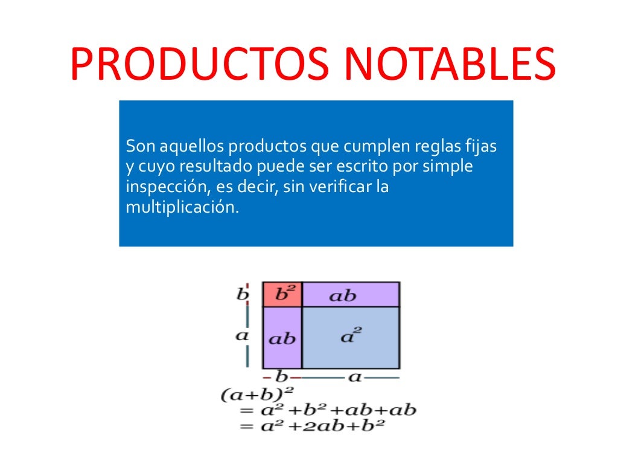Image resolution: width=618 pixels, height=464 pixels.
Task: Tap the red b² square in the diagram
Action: pos(282,294)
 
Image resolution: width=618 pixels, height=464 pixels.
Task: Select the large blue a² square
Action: pos(351,337)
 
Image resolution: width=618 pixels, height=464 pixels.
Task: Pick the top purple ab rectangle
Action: pos(351,294)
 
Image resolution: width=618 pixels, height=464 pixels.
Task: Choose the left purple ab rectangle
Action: pos(282,338)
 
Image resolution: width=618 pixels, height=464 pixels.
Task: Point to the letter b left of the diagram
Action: pos(243,294)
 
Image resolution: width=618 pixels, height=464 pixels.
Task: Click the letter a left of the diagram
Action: pos(242,336)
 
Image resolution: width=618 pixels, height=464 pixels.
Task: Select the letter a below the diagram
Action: pos(355,377)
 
